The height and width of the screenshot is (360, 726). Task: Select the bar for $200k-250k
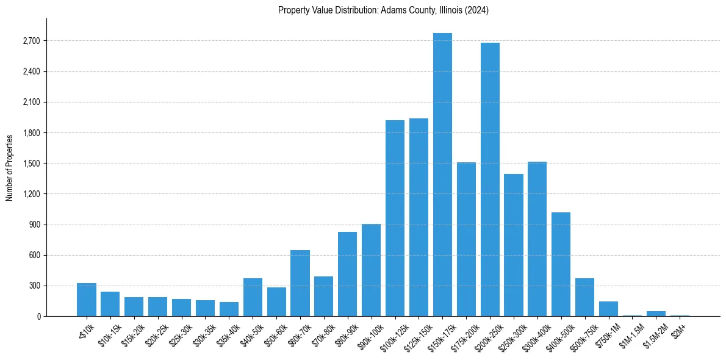(490, 179)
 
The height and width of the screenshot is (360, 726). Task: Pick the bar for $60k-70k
(300, 283)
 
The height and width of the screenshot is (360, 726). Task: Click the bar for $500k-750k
(584, 297)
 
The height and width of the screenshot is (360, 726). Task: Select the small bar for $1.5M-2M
(656, 314)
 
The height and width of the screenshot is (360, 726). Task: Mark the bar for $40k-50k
(253, 297)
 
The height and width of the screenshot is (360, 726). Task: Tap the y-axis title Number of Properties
(9, 168)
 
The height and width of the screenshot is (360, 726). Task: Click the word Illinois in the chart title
(450, 10)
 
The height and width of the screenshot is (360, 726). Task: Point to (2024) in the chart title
(478, 10)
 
